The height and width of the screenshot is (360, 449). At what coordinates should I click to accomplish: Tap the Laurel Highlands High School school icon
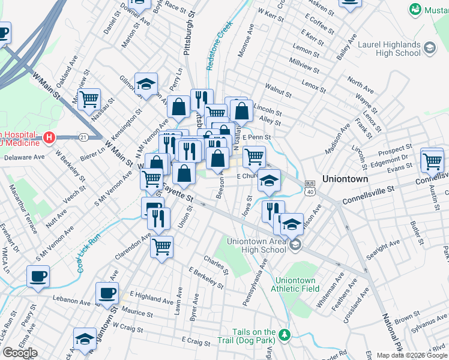[429, 47]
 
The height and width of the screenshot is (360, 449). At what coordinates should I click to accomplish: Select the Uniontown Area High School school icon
[295, 245]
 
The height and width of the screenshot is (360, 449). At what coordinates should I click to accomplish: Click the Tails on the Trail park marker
[285, 334]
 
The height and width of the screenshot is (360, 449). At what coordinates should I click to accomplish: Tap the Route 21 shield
[83, 137]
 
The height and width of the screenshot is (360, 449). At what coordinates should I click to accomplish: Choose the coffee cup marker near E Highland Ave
[107, 293]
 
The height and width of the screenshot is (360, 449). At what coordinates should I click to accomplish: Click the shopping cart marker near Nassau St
[89, 98]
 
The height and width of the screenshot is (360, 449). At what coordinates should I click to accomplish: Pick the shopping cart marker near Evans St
[432, 160]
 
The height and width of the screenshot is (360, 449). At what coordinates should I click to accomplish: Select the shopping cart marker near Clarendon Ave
[161, 246]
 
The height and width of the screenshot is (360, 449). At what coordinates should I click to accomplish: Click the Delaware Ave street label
[24, 158]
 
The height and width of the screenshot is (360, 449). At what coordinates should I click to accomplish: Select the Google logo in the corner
[20, 353]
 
